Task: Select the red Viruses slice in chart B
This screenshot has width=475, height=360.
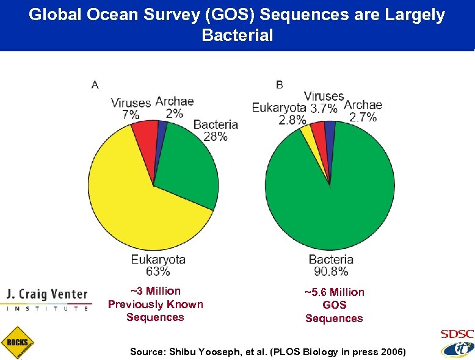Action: pyautogui.click(x=319, y=131)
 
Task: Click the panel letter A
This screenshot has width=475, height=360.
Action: pyautogui.click(x=95, y=85)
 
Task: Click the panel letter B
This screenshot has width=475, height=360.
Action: pyautogui.click(x=279, y=84)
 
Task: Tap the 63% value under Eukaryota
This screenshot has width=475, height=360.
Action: pyautogui.click(x=158, y=272)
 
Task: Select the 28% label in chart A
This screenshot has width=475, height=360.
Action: pyautogui.click(x=216, y=137)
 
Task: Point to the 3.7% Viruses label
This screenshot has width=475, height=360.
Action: pyautogui.click(x=324, y=109)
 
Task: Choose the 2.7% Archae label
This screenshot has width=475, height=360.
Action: pyautogui.click(x=363, y=118)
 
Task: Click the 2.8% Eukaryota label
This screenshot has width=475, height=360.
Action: pyautogui.click(x=292, y=120)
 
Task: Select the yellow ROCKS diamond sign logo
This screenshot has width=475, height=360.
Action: pyautogui.click(x=18, y=342)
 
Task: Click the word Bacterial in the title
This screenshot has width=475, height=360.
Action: pyautogui.click(x=237, y=35)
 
